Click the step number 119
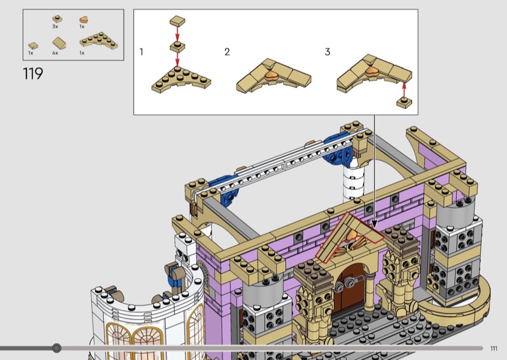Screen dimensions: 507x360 pos(33,74)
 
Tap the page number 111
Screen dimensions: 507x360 pos(494,349)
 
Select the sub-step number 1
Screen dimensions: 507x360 pos(141,52)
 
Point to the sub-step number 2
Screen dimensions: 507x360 pos(227,52)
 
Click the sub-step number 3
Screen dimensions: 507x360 pos(328,52)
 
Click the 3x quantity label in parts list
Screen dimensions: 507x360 pos(55,27)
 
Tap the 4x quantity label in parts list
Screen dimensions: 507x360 pos(55,53)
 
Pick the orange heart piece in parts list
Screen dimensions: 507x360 pos(84,20)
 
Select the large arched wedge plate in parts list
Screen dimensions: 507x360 pos(99,41)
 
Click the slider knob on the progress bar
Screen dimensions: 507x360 pos(56,348)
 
